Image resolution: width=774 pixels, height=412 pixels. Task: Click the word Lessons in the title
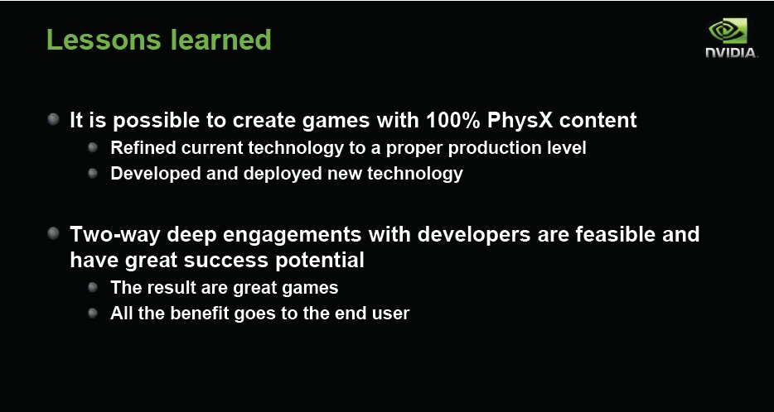104,40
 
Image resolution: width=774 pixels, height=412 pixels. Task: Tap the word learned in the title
220,40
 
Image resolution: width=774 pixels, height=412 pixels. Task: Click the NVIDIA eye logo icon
728,31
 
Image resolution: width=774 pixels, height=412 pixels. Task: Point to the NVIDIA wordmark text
732,52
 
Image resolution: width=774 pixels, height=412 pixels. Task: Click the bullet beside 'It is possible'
54,119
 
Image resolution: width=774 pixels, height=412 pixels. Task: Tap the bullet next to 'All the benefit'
92,314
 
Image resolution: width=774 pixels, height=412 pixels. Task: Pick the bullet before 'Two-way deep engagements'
54,233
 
